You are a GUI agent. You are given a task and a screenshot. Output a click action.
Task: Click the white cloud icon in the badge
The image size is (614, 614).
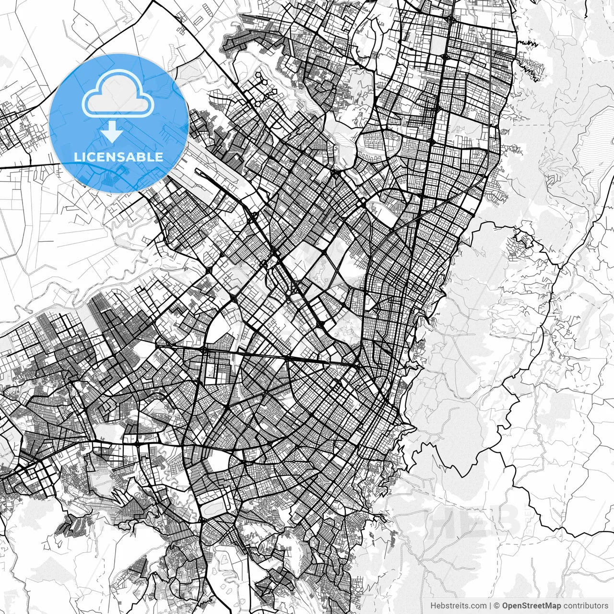[x=118, y=94]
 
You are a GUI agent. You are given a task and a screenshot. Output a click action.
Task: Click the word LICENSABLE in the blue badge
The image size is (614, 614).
[x=118, y=157]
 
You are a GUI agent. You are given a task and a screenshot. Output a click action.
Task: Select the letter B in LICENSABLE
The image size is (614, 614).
[x=144, y=157]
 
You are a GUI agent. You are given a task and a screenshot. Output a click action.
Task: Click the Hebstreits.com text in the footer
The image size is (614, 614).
[x=458, y=606]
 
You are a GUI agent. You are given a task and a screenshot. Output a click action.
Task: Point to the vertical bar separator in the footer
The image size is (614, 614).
[x=490, y=606]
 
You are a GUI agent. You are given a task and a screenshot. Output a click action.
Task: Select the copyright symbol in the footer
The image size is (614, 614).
[x=497, y=606]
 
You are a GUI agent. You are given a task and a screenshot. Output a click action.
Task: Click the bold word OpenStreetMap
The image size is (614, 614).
[x=531, y=606]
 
